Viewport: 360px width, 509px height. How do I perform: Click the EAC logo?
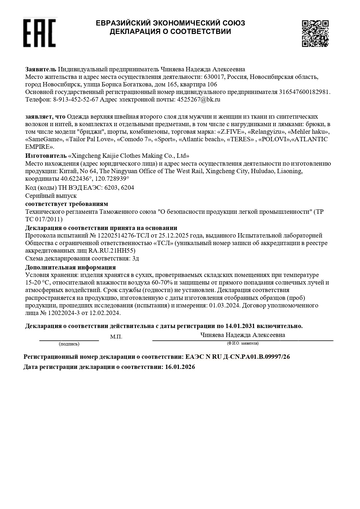pyautogui.click(x=39, y=32)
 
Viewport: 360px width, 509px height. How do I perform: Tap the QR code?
pyautogui.click(x=315, y=33)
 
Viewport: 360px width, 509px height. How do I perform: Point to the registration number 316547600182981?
pyautogui.click(x=304, y=92)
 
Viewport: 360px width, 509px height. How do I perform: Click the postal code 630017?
pyautogui.click(x=214, y=77)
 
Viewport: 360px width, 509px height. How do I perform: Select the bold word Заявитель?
pyautogui.click(x=41, y=69)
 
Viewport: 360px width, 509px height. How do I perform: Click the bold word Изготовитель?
pyautogui.click(x=46, y=155)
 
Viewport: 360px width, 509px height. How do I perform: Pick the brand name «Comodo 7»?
pyautogui.click(x=134, y=139)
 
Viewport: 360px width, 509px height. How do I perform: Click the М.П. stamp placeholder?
pyautogui.click(x=116, y=337)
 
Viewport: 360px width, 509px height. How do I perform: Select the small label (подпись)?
pyautogui.click(x=69, y=344)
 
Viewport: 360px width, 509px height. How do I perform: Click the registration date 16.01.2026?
pyautogui.click(x=180, y=367)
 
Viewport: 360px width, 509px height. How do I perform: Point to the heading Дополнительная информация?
pyautogui.click(x=70, y=267)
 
